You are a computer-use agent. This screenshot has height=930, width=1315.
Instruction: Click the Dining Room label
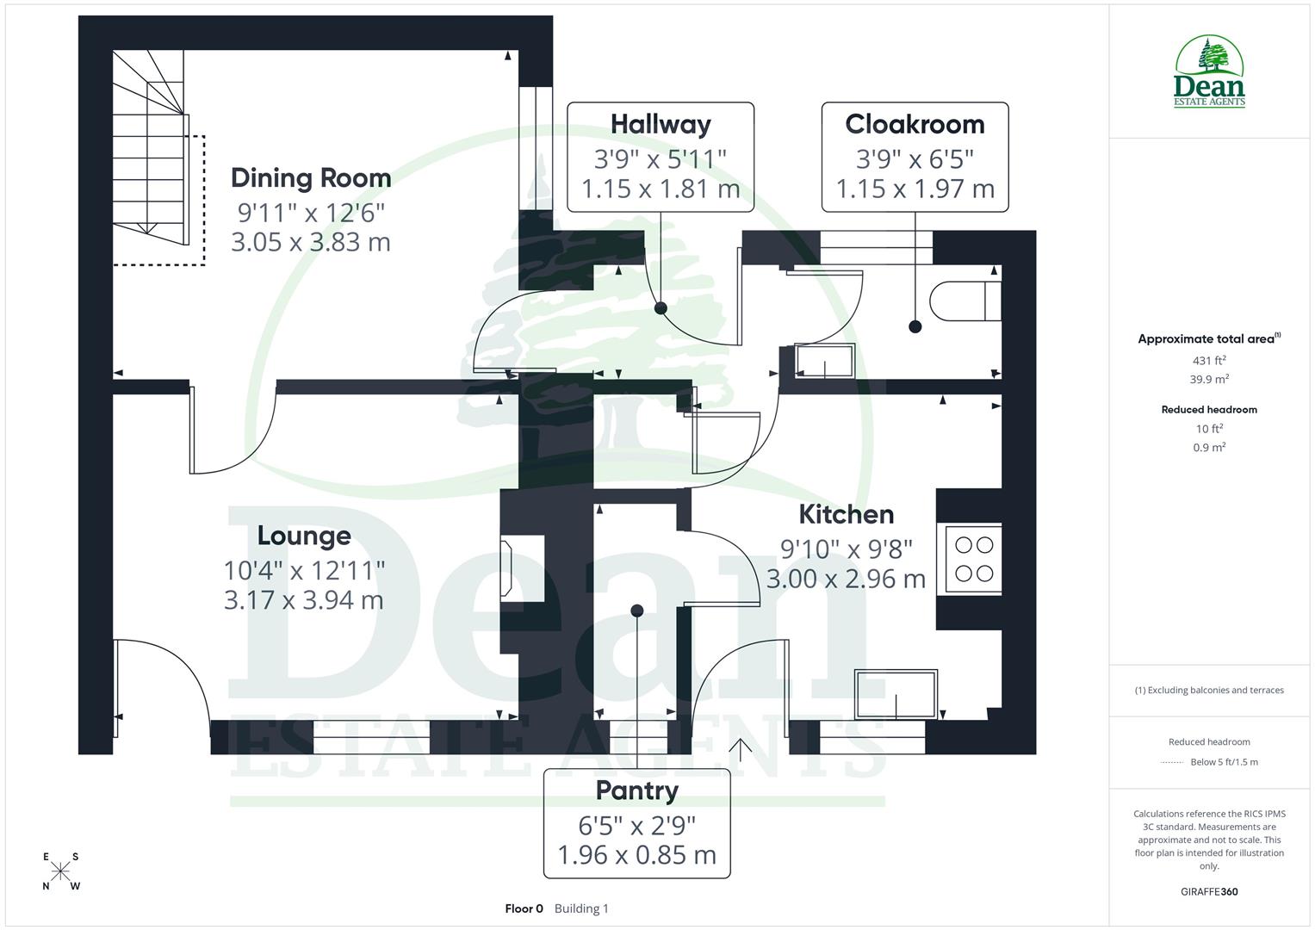click(x=311, y=178)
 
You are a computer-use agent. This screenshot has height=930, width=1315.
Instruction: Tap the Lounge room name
click(x=304, y=536)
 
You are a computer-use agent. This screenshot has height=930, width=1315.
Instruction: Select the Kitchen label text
click(x=846, y=514)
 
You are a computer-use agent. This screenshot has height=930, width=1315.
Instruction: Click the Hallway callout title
click(x=661, y=124)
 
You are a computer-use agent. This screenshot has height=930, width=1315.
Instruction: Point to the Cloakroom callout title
click(x=915, y=124)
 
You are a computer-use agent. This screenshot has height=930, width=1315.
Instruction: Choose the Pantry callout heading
click(x=637, y=790)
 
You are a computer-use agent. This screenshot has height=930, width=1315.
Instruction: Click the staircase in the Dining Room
click(x=150, y=146)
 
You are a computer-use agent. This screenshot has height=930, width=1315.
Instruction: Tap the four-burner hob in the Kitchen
click(x=974, y=559)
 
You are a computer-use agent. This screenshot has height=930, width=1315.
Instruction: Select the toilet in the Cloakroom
click(x=965, y=300)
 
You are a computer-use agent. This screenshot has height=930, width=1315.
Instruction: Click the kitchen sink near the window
click(x=896, y=694)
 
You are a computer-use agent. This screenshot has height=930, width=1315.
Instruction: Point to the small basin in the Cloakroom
click(x=825, y=361)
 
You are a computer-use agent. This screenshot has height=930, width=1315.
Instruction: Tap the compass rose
click(x=60, y=871)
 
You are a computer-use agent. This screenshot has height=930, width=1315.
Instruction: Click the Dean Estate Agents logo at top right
click(x=1209, y=72)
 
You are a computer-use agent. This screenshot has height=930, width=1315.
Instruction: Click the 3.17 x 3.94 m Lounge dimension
click(x=304, y=600)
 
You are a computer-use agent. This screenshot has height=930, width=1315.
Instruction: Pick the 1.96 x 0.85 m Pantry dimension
click(x=637, y=855)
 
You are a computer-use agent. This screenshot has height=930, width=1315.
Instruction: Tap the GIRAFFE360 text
click(x=1209, y=891)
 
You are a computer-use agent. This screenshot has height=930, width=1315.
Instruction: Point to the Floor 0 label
click(x=524, y=908)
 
